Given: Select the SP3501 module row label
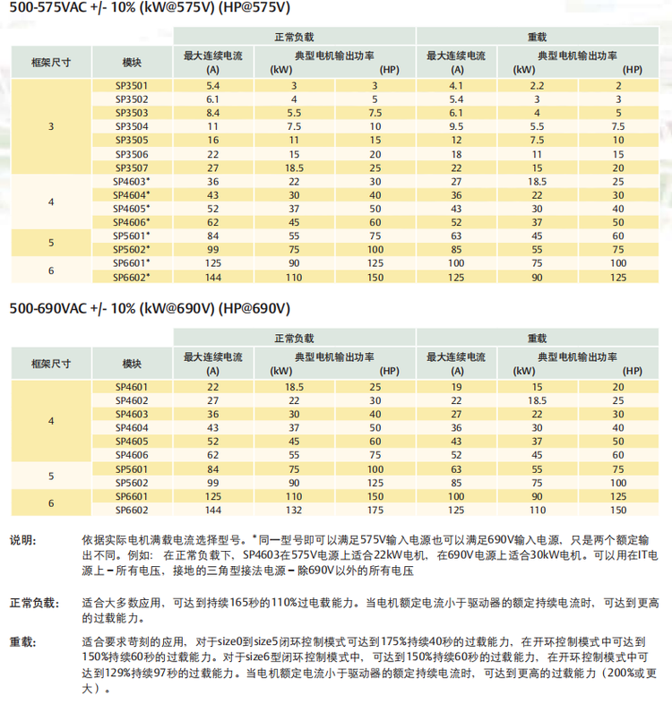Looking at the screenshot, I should click(132, 85).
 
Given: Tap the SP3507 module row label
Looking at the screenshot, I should click(132, 168).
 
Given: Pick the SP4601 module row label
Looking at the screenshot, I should click(132, 387).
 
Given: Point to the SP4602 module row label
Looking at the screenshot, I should click(132, 400).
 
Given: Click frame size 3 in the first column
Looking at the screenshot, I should click(51, 126).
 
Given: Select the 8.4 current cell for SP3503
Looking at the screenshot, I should click(213, 113).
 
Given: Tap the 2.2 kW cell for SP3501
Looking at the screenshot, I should click(538, 85).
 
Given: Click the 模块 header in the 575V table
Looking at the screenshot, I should click(132, 62).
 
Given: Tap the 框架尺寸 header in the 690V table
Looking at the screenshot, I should click(51, 364).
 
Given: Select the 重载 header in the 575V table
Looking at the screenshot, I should click(538, 38).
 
